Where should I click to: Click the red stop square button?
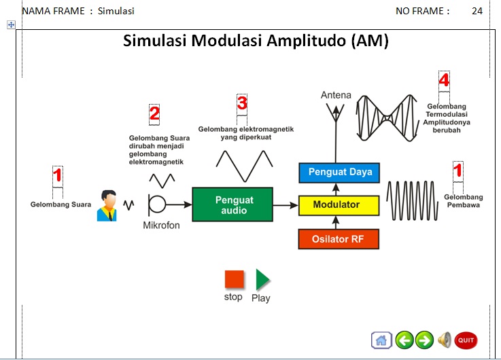(x=234, y=280)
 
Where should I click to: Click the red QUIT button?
(x=466, y=340)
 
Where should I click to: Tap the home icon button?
(x=381, y=340)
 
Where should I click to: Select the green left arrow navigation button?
(x=404, y=340)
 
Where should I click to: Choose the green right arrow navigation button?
(x=425, y=340)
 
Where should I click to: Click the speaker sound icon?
(x=445, y=340)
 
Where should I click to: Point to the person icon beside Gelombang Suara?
(x=107, y=205)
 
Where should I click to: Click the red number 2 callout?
(x=154, y=113)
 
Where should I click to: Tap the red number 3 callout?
(x=242, y=103)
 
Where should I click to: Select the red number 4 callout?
(x=444, y=80)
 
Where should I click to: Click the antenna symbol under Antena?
(x=336, y=115)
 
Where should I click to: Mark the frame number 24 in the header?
(x=477, y=11)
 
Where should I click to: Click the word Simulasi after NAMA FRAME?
(x=116, y=11)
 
